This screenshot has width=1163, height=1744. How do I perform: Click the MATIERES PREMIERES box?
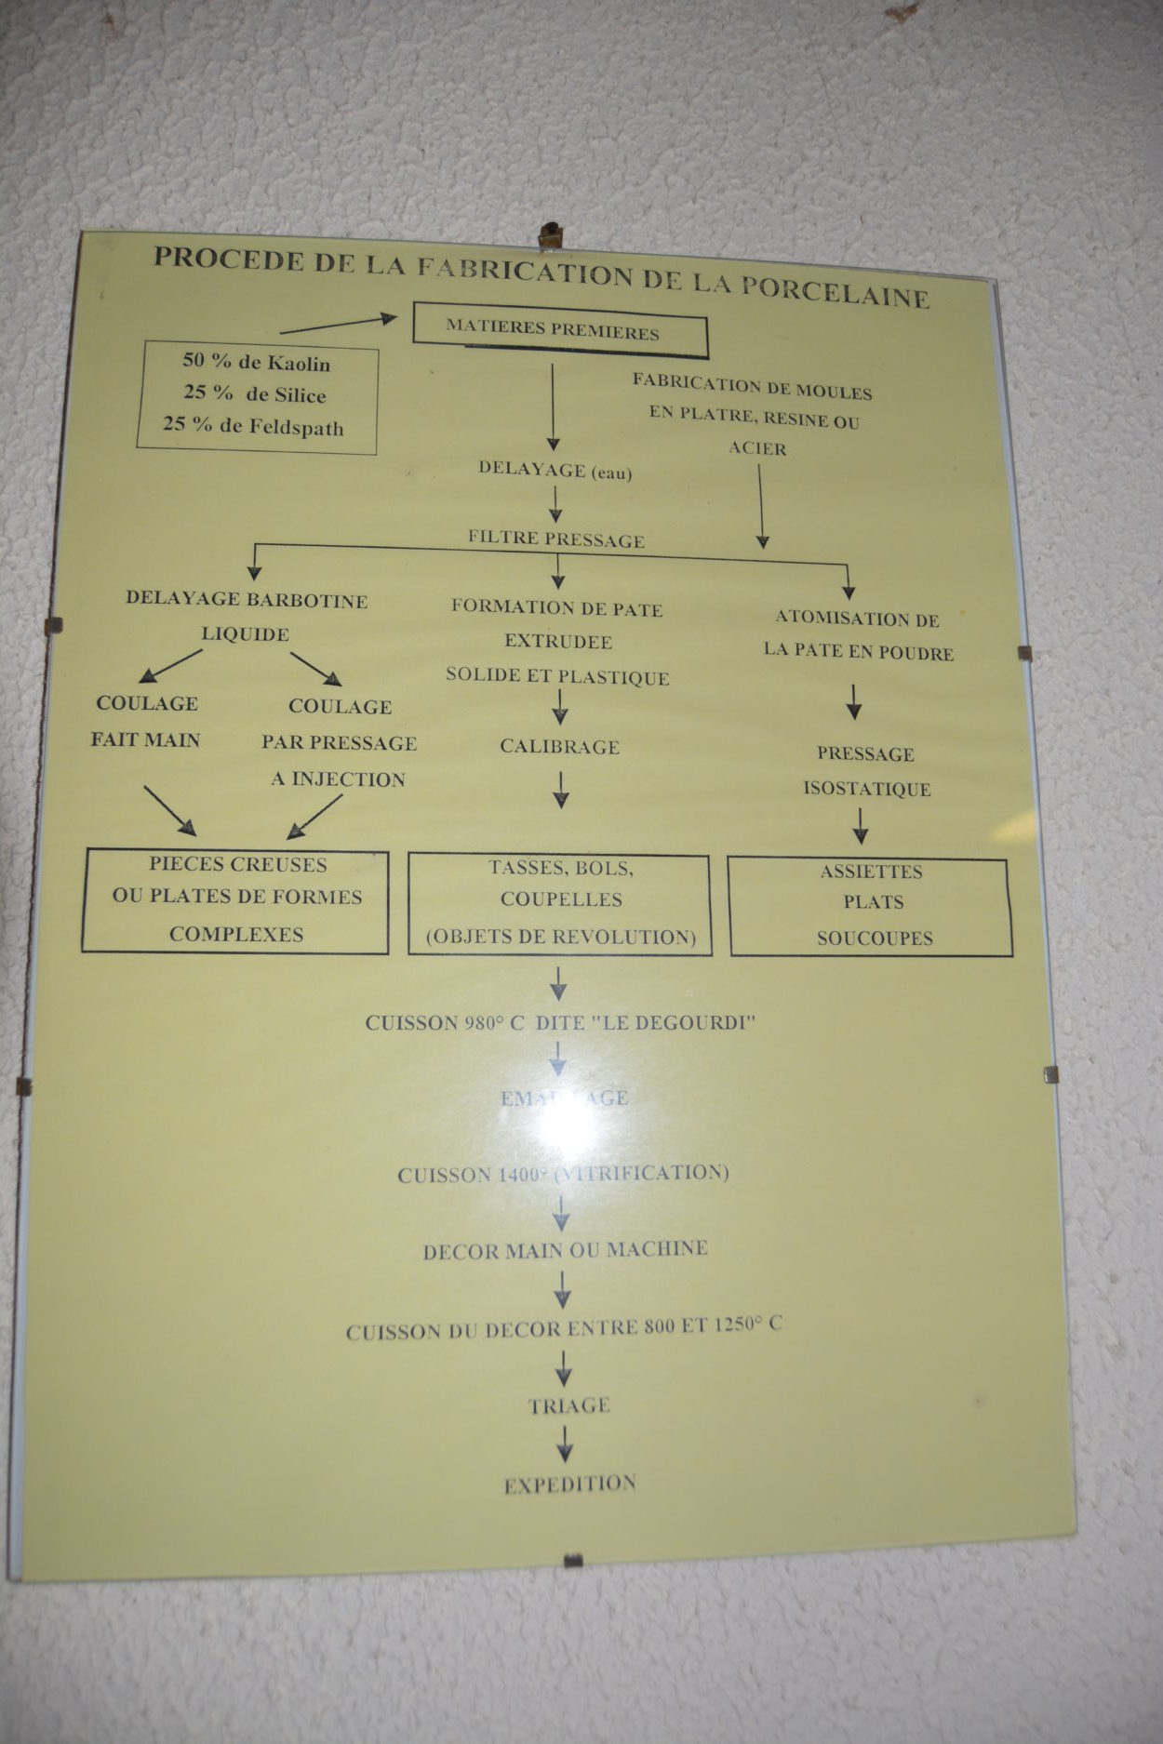(559, 330)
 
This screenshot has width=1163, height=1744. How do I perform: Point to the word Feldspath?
(296, 428)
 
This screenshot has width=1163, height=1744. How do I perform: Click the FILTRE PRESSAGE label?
(555, 539)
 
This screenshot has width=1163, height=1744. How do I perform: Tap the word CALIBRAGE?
(559, 746)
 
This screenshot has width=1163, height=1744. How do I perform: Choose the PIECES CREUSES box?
(235, 899)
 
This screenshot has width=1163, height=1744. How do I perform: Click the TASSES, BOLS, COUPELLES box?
(560, 902)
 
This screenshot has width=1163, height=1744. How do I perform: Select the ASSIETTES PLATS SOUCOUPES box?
(871, 905)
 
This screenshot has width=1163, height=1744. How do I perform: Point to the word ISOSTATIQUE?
(866, 789)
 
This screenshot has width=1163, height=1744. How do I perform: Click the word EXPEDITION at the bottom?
(569, 1484)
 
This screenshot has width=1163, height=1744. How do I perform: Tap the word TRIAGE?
(568, 1405)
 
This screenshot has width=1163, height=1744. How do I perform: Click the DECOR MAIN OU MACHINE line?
(565, 1250)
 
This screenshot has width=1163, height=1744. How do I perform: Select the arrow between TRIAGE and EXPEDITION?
(564, 1444)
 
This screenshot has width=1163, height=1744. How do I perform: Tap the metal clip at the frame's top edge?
(551, 235)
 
